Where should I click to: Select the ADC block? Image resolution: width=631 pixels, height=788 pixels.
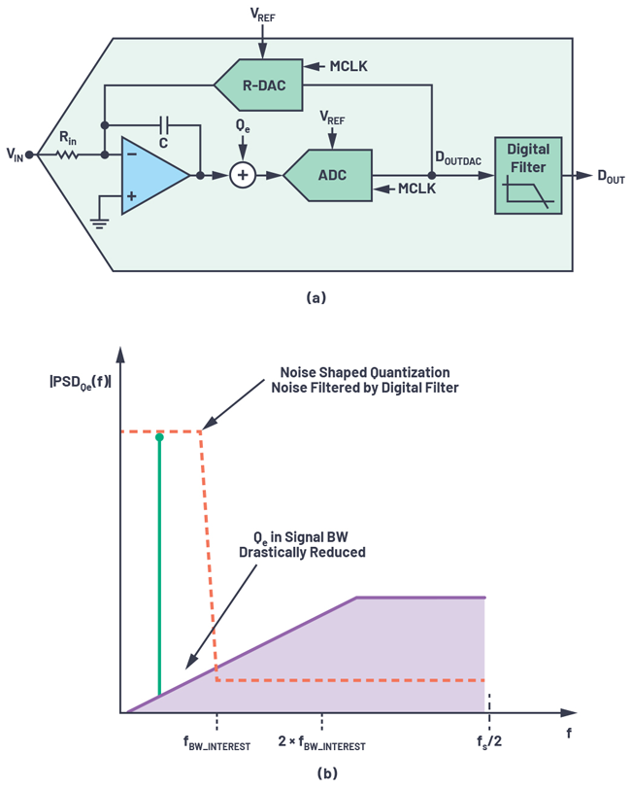[329, 175]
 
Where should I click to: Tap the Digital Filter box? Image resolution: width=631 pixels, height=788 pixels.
[527, 174]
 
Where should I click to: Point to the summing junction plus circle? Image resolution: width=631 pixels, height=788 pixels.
[241, 175]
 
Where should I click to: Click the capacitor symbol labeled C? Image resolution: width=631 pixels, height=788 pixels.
[165, 125]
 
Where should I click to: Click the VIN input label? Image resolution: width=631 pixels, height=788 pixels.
[17, 154]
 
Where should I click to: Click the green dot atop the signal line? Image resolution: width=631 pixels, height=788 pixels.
[159, 438]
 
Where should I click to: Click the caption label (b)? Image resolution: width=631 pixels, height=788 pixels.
[315, 773]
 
